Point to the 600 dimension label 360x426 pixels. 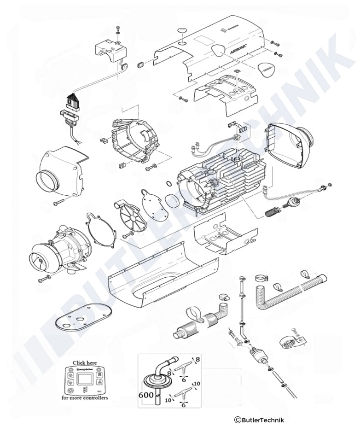click(x=146, y=394)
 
